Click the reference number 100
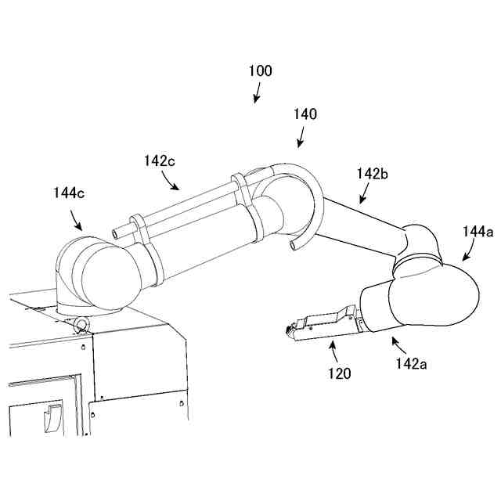(x=261, y=71)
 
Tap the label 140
(x=305, y=114)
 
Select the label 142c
(x=159, y=160)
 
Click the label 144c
(x=69, y=192)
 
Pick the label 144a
(x=478, y=231)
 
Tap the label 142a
(x=412, y=363)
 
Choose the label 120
(x=341, y=373)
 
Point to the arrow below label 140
(x=301, y=139)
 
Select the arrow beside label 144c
(x=75, y=220)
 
